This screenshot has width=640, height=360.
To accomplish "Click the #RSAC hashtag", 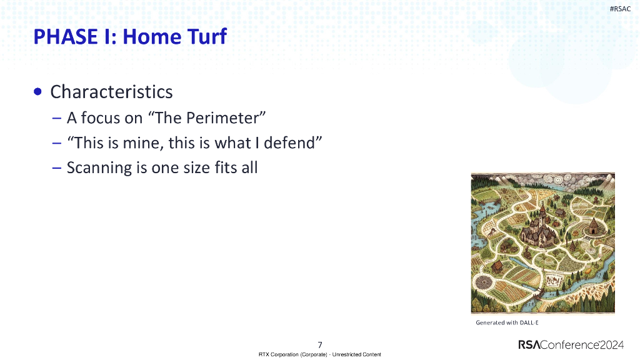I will click(x=619, y=8).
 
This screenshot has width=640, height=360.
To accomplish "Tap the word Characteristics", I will click(x=111, y=92).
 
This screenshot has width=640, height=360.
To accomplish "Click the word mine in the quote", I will click(x=142, y=142).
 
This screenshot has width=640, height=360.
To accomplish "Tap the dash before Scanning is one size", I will click(x=57, y=167).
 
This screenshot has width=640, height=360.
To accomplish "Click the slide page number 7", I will click(x=320, y=344).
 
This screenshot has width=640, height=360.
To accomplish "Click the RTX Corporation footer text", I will click(x=320, y=354).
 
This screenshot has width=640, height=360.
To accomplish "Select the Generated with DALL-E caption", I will click(x=507, y=322).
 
